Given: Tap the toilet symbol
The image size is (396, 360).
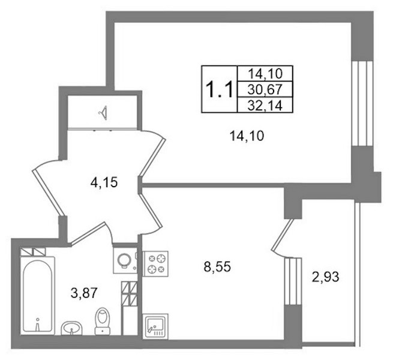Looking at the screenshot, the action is click(x=102, y=321).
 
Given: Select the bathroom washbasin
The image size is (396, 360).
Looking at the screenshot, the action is click(x=72, y=328).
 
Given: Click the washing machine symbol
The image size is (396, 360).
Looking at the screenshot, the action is click(x=125, y=261).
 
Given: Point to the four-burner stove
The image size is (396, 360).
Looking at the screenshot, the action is click(x=155, y=263).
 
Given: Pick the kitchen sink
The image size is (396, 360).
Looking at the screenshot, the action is click(x=155, y=326).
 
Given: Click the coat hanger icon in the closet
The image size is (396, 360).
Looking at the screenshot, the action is click(x=103, y=113).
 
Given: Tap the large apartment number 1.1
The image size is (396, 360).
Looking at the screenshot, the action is click(x=219, y=89).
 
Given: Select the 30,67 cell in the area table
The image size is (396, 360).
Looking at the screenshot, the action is click(x=265, y=89).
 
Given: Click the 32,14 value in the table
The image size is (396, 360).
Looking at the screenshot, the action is click(x=265, y=105).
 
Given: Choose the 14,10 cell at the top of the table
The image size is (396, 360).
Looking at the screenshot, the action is click(x=265, y=74).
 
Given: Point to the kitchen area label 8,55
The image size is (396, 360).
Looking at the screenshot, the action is click(x=217, y=267).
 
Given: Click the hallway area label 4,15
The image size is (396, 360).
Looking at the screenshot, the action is click(x=104, y=182).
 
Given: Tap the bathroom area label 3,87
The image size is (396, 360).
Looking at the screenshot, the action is click(x=84, y=293).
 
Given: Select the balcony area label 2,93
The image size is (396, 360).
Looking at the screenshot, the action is click(x=326, y=277).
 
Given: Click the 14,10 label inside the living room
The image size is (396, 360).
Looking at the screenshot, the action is click(x=247, y=136).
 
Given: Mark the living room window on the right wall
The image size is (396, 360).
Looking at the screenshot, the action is click(x=362, y=103).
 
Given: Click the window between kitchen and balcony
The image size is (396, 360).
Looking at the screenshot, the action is click(x=293, y=281).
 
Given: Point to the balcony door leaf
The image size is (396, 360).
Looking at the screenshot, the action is click(x=283, y=235).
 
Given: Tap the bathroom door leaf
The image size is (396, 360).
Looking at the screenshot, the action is click(x=88, y=233).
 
